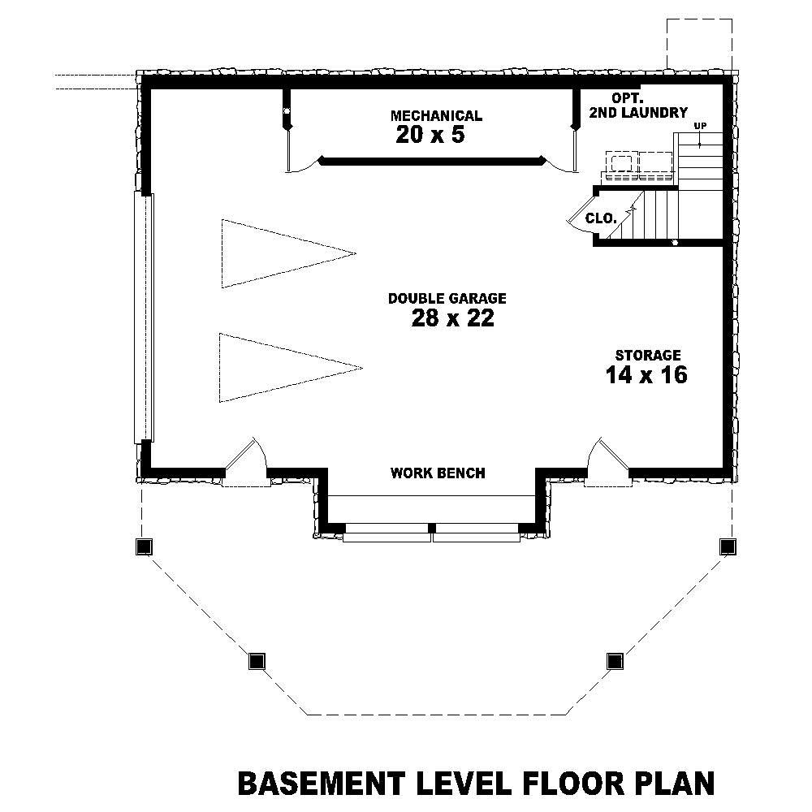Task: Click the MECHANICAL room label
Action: click(x=436, y=116)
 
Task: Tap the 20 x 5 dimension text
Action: click(x=430, y=135)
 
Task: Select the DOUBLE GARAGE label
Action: click(x=447, y=299)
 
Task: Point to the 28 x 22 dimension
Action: click(x=452, y=318)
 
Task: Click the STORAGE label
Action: click(x=647, y=355)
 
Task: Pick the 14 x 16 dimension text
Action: click(x=646, y=374)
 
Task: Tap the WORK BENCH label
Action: click(x=438, y=473)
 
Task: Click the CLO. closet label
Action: click(x=602, y=218)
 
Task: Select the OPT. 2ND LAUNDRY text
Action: click(x=638, y=106)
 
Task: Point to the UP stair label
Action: click(x=699, y=126)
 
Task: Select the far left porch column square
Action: click(x=143, y=546)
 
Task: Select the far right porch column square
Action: click(x=727, y=546)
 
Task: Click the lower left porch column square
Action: click(x=257, y=660)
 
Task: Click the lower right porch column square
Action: click(x=614, y=660)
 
